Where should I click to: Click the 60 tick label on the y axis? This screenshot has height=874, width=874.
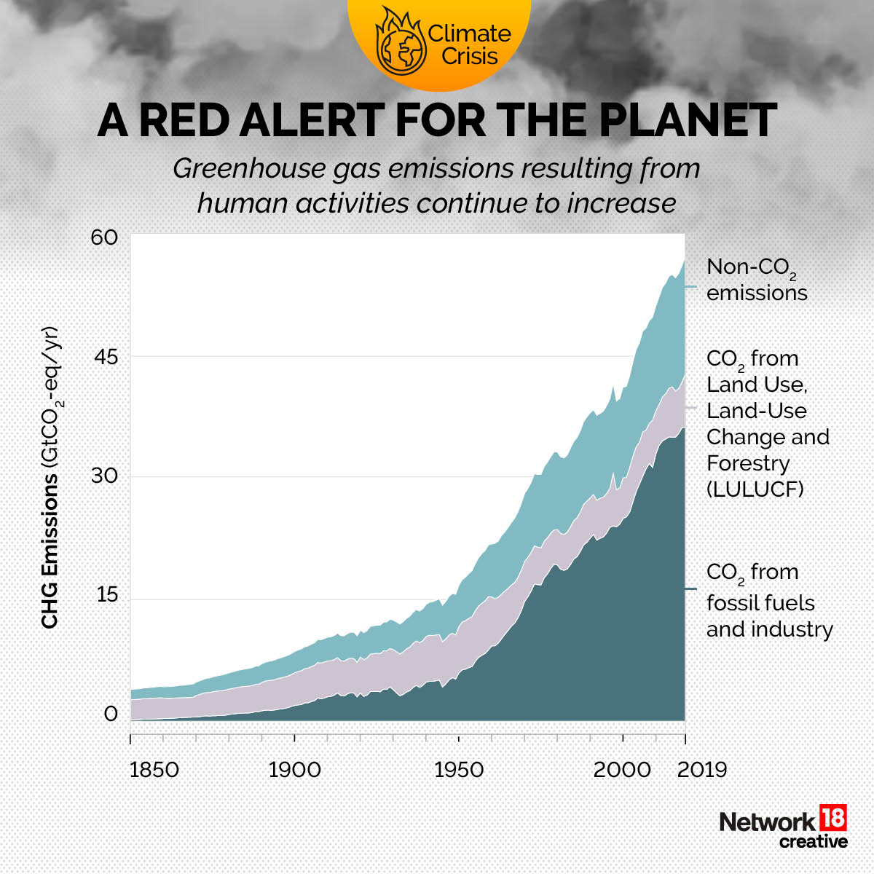click(x=104, y=238)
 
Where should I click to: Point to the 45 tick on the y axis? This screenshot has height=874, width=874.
click(x=104, y=358)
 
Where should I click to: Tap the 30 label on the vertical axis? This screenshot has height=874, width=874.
click(x=104, y=476)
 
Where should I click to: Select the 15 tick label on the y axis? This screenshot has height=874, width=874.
click(x=104, y=595)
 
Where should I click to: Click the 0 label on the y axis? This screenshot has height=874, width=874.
click(x=111, y=714)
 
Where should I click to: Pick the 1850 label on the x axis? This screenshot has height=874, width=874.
click(x=154, y=770)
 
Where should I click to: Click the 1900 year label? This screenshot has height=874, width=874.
click(x=294, y=770)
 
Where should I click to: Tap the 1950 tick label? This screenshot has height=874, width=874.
click(x=459, y=770)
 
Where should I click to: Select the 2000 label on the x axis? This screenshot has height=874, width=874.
click(x=622, y=770)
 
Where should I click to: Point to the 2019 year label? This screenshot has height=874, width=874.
click(x=702, y=770)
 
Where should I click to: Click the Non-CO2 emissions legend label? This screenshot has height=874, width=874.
click(x=756, y=280)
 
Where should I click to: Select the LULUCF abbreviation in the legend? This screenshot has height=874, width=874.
click(x=755, y=489)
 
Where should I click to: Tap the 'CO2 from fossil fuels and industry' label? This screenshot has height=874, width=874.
click(x=768, y=601)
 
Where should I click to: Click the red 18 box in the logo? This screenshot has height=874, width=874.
click(x=833, y=818)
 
